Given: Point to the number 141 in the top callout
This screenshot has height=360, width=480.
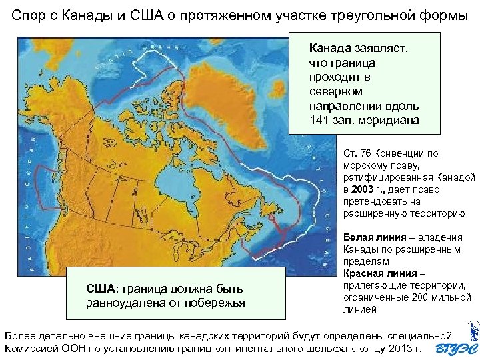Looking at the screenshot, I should (319, 120).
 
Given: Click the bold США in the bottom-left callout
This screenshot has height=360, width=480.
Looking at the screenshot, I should (101, 289).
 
